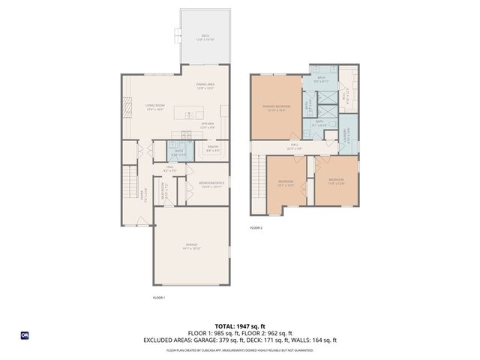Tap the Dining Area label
pos(205,85)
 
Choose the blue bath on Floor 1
pos(179,152)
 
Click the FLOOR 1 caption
pos(158,297)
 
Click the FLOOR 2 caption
pos(256,226)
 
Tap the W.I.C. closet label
pos(346,96)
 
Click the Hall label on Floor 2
pos(295,146)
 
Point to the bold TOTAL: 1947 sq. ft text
pos(239,326)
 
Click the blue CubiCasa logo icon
pos(24,335)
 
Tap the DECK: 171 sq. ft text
pos(282,340)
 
